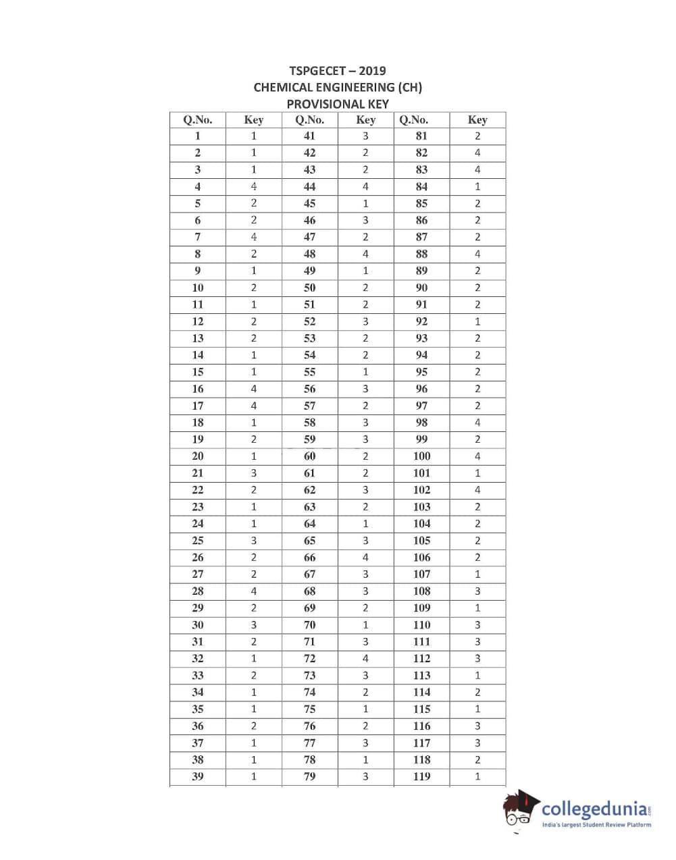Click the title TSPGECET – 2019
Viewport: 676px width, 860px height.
point(338,71)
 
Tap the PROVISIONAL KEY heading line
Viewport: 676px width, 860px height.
point(338,104)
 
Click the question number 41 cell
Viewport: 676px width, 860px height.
point(309,136)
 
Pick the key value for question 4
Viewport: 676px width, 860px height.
point(254,186)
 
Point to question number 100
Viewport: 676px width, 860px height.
point(421,456)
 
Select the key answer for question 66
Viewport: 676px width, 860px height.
point(365,558)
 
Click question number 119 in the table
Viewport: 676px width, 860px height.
point(421,776)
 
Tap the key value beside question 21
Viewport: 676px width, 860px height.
point(254,473)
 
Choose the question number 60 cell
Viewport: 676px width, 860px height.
point(309,456)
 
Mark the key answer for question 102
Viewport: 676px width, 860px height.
point(477,490)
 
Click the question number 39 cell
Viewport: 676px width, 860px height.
point(198,776)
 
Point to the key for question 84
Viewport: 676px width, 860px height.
point(477,186)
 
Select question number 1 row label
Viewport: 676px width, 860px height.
point(198,136)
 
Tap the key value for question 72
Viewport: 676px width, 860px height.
point(365,658)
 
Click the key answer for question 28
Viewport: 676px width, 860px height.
point(254,591)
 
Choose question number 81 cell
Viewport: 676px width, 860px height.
point(421,136)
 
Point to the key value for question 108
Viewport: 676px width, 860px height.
point(477,591)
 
